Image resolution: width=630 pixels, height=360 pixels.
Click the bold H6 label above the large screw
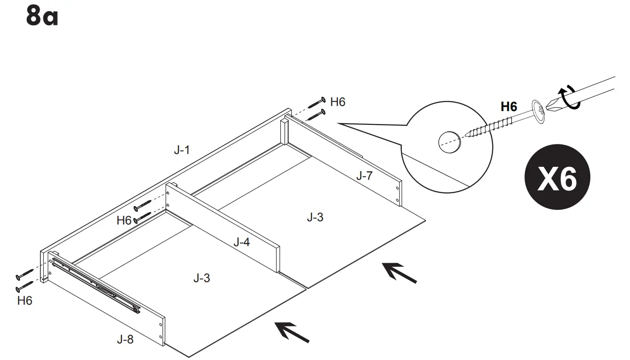pos(509,107)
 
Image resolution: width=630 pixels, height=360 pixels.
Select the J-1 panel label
pos(182,150)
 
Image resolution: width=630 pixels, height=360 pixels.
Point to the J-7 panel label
pos(364,176)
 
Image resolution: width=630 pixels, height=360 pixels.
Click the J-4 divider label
pos(241,242)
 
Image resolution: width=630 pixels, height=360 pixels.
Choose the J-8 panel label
pos(125,340)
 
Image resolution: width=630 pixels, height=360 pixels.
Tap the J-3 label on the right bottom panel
pos(315,217)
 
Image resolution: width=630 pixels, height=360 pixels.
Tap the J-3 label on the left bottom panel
pos(202,278)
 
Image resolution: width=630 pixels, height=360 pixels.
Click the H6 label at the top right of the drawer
pos(338,102)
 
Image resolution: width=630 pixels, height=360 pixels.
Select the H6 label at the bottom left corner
pos(25,301)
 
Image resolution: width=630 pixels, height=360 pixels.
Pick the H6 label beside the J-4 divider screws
pos(124,220)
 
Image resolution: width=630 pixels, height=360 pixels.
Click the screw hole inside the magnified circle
pos(449,141)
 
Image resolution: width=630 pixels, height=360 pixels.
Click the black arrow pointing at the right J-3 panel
pos(400,272)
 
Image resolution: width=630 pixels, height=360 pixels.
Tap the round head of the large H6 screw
pos(538,111)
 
